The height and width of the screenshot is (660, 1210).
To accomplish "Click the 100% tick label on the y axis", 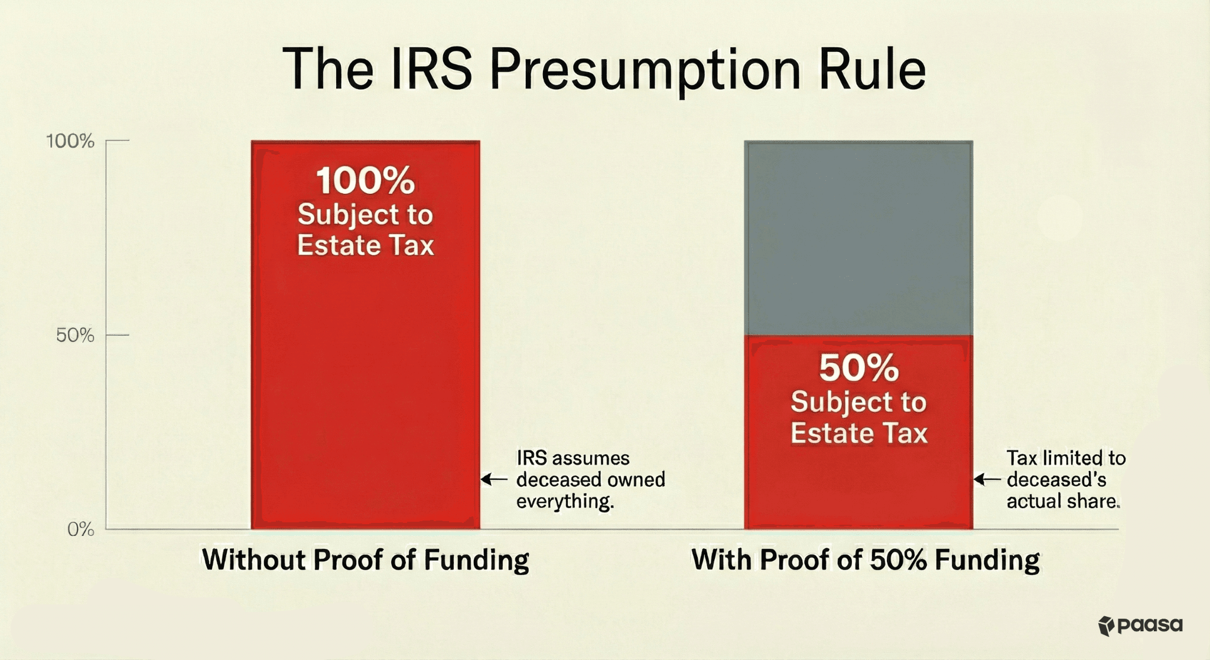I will pyautogui.click(x=70, y=141).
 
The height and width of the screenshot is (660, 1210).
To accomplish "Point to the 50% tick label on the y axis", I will pyautogui.click(x=75, y=336).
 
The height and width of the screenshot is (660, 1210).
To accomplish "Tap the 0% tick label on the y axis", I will pyautogui.click(x=80, y=529).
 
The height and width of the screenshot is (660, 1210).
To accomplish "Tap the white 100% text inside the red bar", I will pyautogui.click(x=365, y=181).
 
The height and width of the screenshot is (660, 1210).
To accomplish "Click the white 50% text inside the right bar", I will pyautogui.click(x=858, y=368).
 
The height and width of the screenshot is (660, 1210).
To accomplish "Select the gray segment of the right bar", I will pyautogui.click(x=858, y=236).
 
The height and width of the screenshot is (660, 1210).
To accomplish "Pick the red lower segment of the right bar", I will pyautogui.click(x=858, y=485).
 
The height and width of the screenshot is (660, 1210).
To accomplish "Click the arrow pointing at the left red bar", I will pyautogui.click(x=494, y=479).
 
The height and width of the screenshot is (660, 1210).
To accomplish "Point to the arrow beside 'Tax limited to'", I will pyautogui.click(x=987, y=479).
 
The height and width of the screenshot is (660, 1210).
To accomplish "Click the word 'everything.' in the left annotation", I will pyautogui.click(x=565, y=501).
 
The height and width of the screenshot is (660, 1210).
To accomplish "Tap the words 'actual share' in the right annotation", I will pyautogui.click(x=1062, y=501).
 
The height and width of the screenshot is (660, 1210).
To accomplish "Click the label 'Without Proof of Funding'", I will pyautogui.click(x=365, y=560).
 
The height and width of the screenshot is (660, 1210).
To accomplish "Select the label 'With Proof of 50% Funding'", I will pyautogui.click(x=865, y=560).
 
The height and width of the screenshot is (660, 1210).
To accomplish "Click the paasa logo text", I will pyautogui.click(x=1150, y=625).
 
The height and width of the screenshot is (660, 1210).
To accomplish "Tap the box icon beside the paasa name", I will pyautogui.click(x=1106, y=626).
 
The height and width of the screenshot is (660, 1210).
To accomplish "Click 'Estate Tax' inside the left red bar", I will pyautogui.click(x=365, y=245).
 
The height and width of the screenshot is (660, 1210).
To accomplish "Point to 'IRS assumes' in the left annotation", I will pyautogui.click(x=573, y=458).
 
